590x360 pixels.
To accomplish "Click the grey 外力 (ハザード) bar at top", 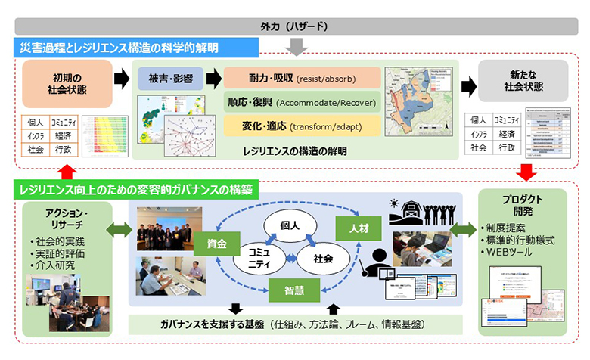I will [295, 26].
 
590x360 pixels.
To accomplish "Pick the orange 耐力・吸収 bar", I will [302, 79].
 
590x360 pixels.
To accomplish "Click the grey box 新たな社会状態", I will [523, 81].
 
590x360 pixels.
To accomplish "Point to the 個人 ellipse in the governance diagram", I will [288, 225].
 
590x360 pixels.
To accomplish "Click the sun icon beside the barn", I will [394, 203].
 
